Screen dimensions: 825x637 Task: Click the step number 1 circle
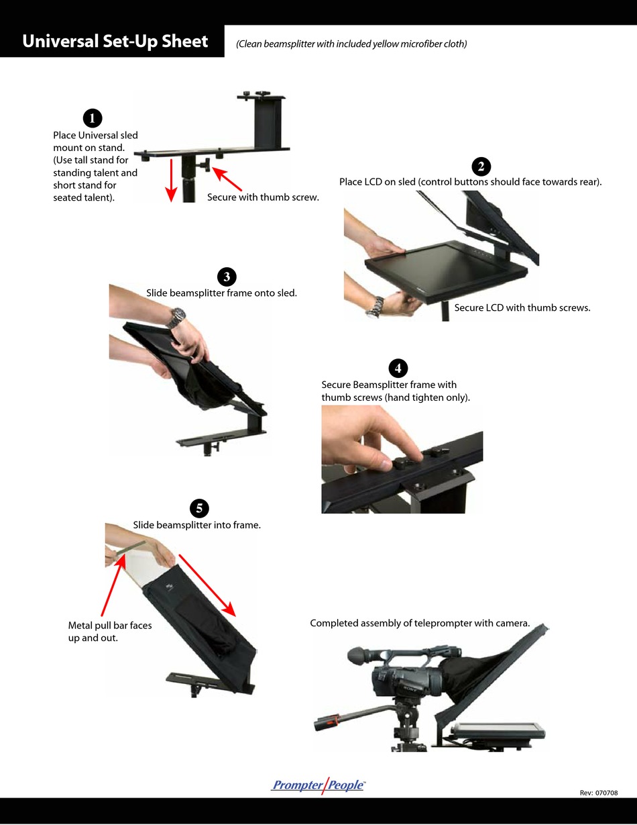tap(92, 118)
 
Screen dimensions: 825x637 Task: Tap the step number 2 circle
tap(481, 166)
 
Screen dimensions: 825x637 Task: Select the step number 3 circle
tap(227, 277)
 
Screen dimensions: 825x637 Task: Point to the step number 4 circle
tap(398, 368)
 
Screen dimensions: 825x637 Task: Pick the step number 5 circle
tap(199, 508)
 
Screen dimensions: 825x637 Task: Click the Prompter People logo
tap(318, 785)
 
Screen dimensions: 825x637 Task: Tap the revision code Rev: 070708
tap(598, 793)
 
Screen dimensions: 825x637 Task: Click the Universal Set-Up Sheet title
tap(115, 42)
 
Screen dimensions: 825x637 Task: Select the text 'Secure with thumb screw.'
tap(263, 197)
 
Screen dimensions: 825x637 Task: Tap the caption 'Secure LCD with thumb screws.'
tap(522, 308)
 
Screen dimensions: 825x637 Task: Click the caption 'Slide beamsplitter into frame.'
tap(196, 525)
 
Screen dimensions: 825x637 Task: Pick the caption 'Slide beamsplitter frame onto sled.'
tap(221, 293)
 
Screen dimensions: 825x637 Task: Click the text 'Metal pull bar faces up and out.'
tap(110, 632)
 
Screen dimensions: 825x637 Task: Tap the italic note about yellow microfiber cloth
tap(351, 44)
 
